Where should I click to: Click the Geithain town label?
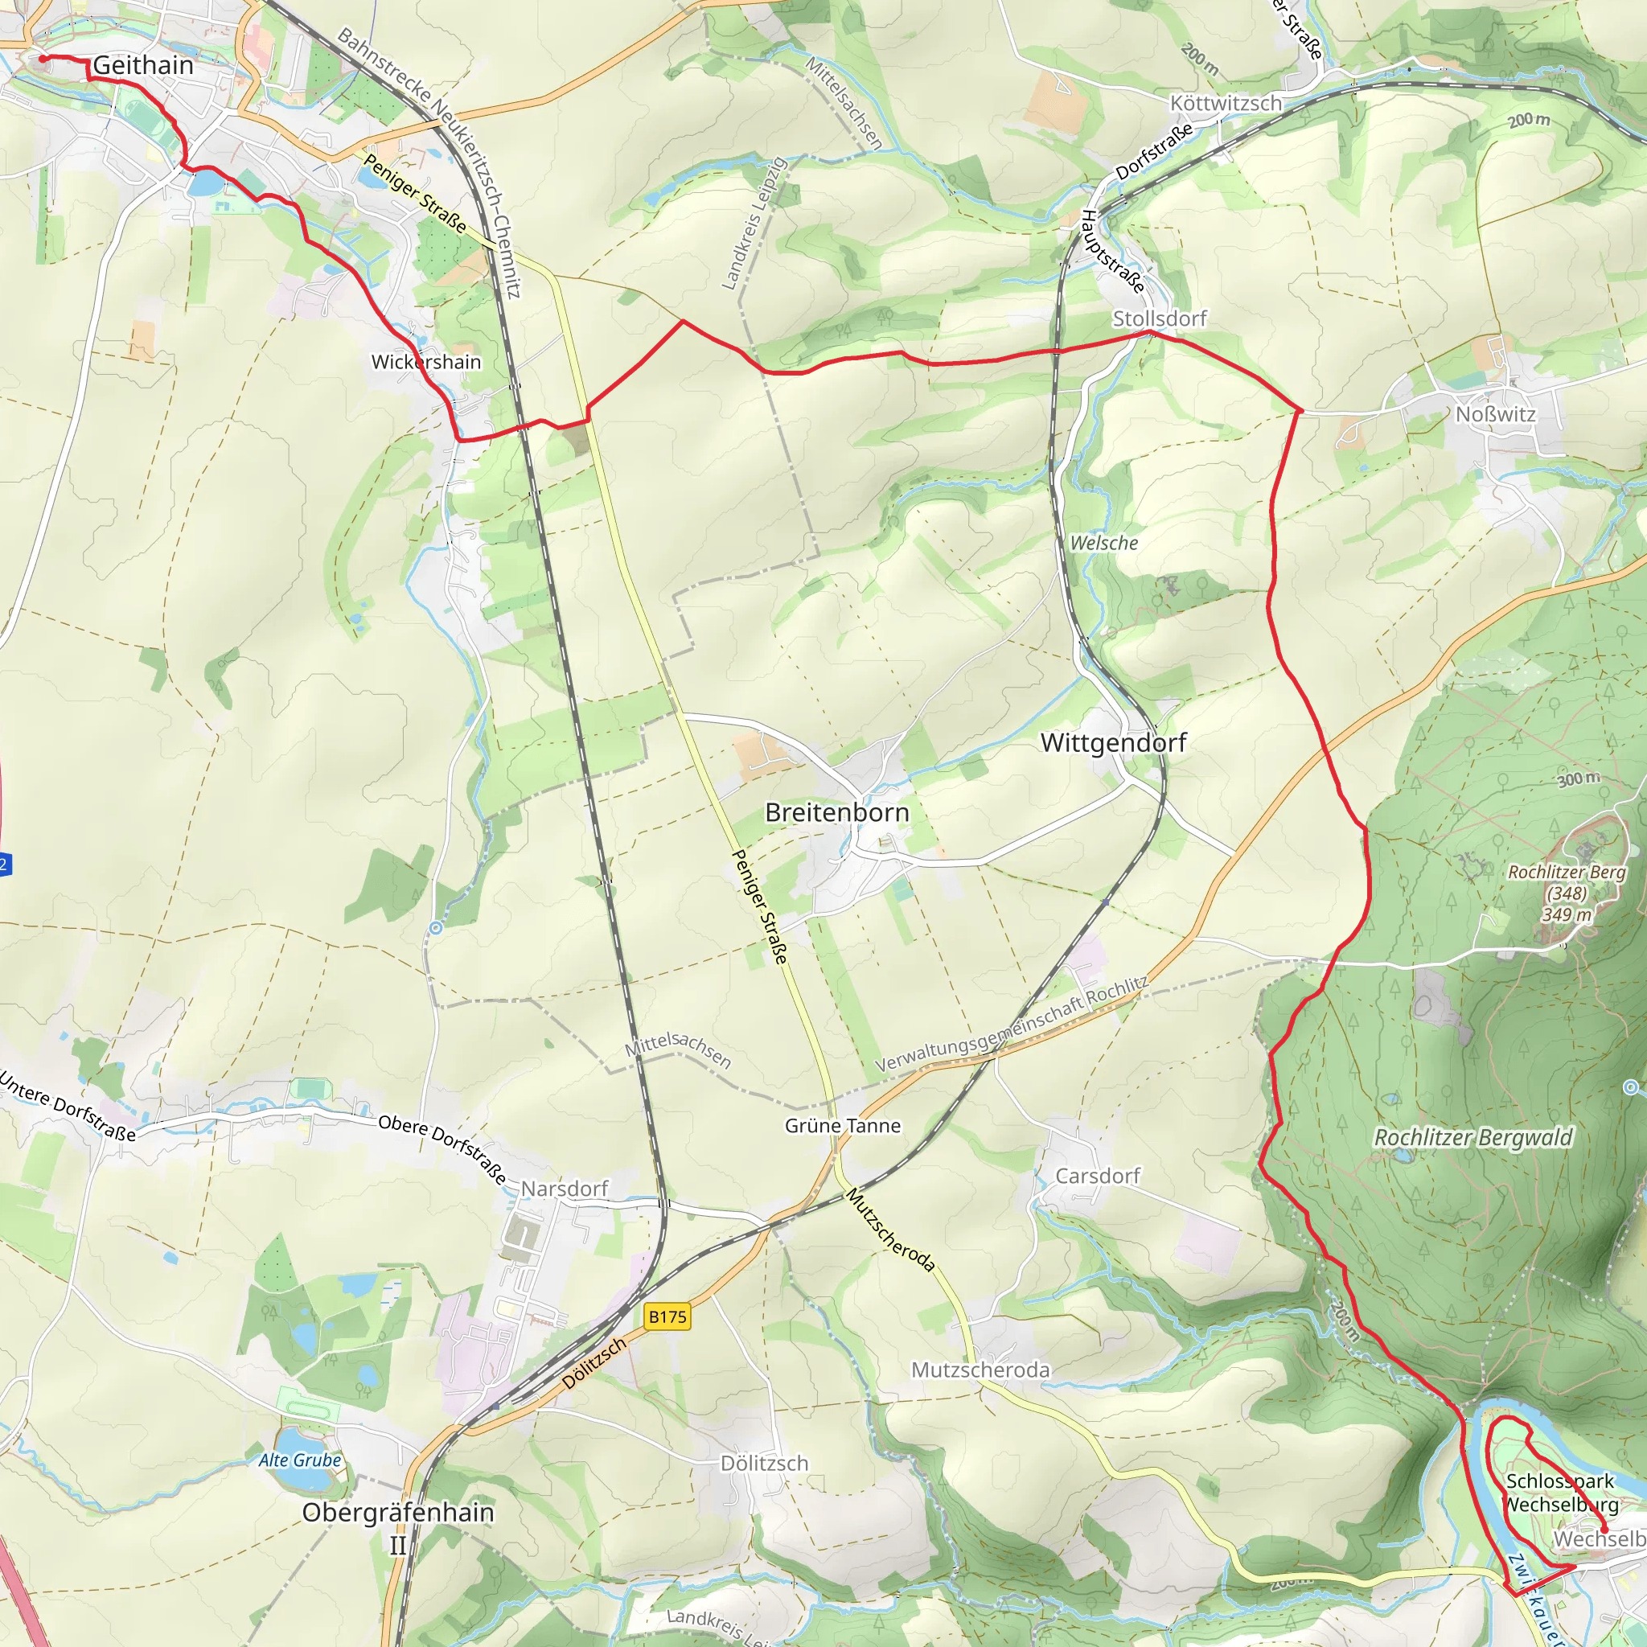point(142,65)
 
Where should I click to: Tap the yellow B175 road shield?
point(667,1316)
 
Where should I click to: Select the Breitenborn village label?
point(836,812)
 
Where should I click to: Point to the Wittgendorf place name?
point(1112,742)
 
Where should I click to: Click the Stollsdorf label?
point(1160,318)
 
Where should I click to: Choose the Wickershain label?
point(425,361)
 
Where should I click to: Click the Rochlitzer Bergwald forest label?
point(1472,1137)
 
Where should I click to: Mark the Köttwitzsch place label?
point(1225,103)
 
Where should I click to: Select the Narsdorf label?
point(565,1189)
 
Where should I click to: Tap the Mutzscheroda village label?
point(980,1370)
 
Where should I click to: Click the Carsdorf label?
point(1097,1176)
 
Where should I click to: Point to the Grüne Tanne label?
point(842,1125)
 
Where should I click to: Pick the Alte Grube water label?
point(300,1460)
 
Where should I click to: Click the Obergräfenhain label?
point(398,1513)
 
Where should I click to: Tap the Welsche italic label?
point(1103,543)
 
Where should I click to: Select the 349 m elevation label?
point(1566,914)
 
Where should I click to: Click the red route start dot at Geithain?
point(43,59)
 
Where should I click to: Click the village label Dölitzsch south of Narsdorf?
point(764,1463)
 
